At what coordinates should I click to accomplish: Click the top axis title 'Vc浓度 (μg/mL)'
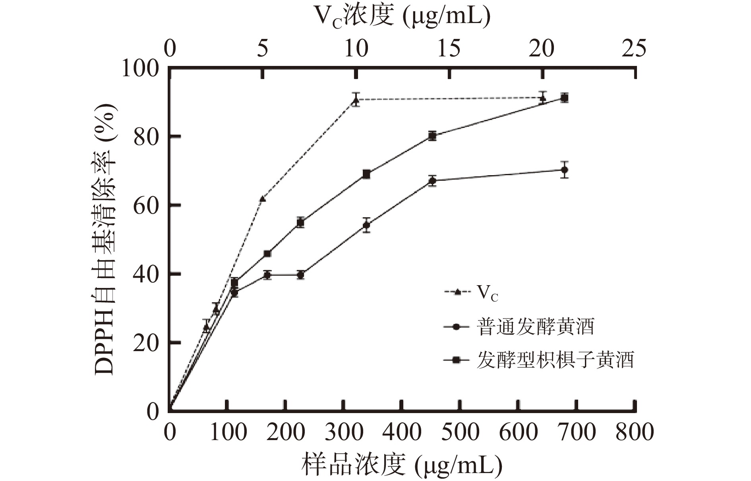coord(402,17)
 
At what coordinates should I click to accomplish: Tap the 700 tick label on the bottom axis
coord(577,432)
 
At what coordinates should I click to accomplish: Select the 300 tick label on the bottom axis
coord(343,432)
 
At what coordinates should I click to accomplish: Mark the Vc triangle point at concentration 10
coord(356,100)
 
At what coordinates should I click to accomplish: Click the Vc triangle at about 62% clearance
coord(262,199)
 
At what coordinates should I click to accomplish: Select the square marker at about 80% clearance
coord(432,136)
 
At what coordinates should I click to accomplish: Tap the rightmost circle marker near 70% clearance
coord(564,170)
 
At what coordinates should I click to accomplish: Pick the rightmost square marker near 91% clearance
coord(564,98)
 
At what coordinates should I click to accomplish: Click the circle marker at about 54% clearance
coord(366,225)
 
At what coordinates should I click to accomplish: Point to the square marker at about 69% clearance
coord(366,174)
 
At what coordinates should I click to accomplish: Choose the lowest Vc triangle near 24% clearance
coord(206,328)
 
